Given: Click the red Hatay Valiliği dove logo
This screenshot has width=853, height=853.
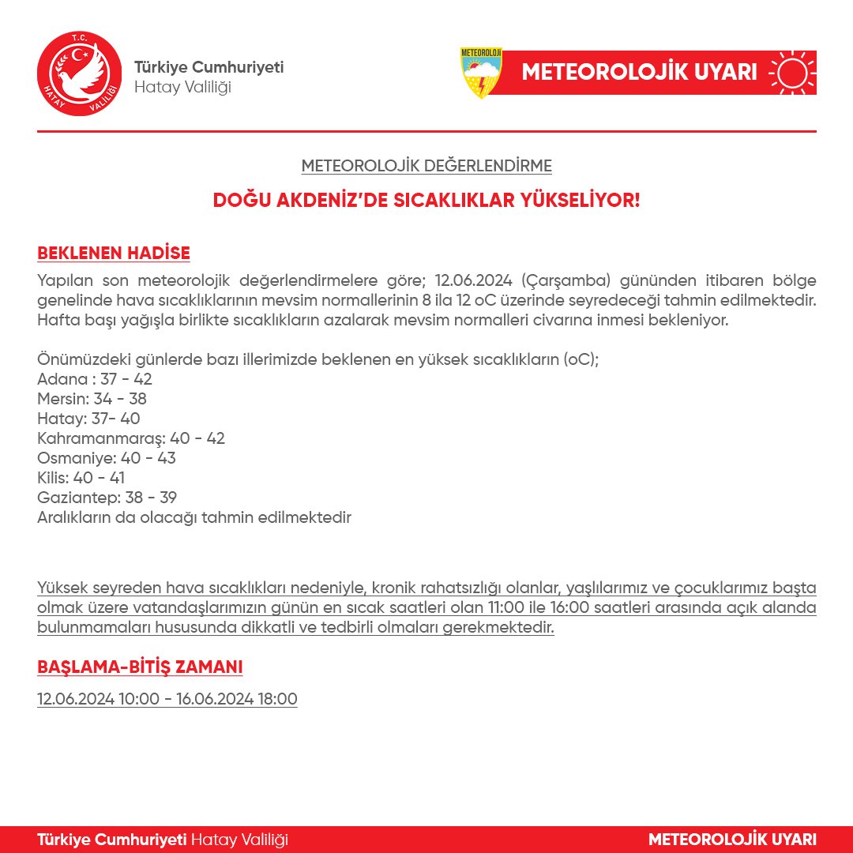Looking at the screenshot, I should click(79, 73).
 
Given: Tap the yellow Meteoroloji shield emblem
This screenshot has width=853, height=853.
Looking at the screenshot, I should click(481, 73).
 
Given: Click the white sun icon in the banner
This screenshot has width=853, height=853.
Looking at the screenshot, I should click(792, 73).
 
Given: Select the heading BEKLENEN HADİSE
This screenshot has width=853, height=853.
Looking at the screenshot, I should click(114, 254).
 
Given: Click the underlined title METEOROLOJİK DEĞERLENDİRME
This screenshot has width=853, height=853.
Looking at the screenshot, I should click(426, 166).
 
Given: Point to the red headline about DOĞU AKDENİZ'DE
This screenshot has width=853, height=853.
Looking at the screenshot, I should click(426, 201).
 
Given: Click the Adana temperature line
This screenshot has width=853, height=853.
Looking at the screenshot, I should click(95, 379).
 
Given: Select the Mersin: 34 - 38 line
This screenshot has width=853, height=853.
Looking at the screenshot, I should click(92, 399).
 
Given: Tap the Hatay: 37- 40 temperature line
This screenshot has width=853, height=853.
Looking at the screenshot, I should click(88, 419).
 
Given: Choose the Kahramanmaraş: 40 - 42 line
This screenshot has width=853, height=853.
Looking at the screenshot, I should click(131, 438).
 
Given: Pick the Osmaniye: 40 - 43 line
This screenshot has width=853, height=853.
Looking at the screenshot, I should click(107, 458).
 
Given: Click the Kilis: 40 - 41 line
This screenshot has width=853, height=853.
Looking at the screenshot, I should click(81, 478).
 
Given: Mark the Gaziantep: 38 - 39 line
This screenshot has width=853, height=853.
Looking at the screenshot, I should click(107, 498).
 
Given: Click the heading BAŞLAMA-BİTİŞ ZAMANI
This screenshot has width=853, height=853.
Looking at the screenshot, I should click(140, 667).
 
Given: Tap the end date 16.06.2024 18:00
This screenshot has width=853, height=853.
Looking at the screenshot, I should click(236, 699).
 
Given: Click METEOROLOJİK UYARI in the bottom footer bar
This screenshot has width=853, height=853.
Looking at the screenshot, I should click(732, 839).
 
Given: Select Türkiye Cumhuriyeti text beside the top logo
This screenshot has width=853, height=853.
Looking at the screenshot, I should click(209, 67).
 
